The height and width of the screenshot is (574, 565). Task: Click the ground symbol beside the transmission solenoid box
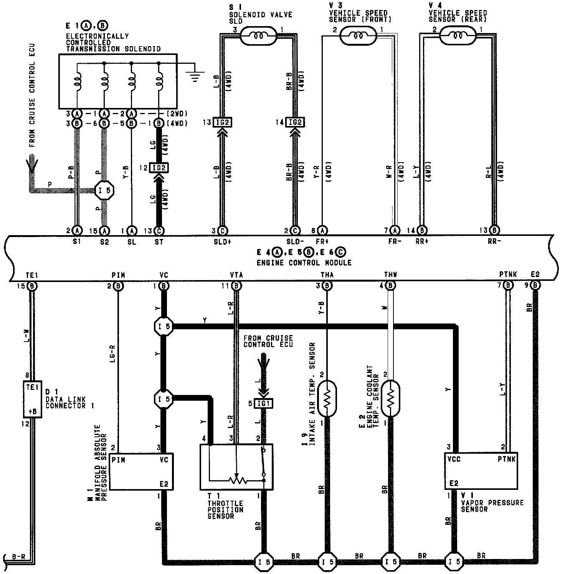click(195, 76)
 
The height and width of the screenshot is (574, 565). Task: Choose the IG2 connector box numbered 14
click(295, 123)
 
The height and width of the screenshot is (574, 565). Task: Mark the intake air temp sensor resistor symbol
click(327, 398)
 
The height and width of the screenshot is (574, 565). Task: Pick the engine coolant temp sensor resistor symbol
click(390, 398)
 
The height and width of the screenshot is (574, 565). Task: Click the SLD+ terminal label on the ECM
click(222, 242)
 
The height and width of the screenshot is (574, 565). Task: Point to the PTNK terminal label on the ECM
click(508, 275)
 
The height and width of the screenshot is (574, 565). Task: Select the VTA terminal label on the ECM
click(236, 275)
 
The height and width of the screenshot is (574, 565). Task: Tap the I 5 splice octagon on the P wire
click(105, 190)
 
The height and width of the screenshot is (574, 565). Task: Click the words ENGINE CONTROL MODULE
click(304, 263)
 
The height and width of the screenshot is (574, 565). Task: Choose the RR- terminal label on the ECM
click(494, 242)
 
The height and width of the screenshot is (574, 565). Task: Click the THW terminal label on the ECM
click(390, 275)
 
